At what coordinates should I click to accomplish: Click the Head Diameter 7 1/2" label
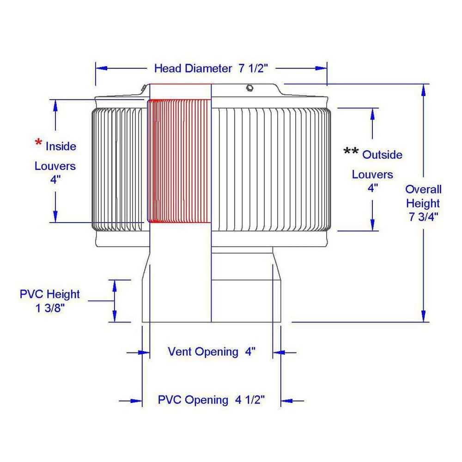[211, 68]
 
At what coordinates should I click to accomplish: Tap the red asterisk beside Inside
[38, 142]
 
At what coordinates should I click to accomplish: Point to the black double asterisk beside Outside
[351, 151]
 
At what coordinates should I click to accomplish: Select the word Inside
[61, 146]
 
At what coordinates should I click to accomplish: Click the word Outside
[382, 155]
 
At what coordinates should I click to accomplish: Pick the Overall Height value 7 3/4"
[423, 217]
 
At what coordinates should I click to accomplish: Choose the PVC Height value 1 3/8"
[50, 308]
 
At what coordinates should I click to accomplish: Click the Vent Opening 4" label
[211, 352]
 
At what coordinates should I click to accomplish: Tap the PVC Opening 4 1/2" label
[211, 400]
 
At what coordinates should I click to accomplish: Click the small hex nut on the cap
[249, 88]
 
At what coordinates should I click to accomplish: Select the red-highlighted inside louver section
[179, 161]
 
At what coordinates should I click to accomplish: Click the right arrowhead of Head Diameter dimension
[321, 68]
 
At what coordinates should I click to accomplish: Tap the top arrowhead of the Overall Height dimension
[423, 90]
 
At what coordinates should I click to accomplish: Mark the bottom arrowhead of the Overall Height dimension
[423, 316]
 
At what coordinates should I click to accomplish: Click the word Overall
[423, 189]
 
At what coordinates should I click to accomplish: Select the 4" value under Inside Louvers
[55, 179]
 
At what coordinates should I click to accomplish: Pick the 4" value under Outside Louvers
[373, 188]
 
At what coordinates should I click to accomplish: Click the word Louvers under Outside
[372, 175]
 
